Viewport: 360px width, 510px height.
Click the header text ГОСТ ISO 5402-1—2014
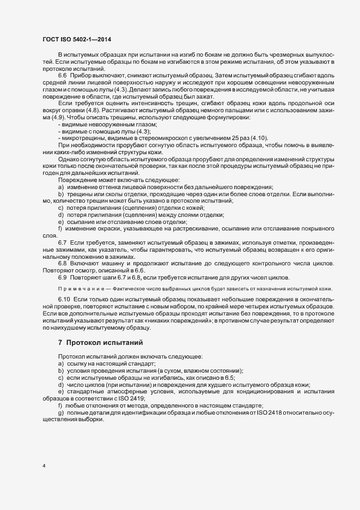point(79,40)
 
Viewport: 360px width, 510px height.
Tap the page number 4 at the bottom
point(44,466)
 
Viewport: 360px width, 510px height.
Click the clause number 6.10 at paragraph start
point(64,300)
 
